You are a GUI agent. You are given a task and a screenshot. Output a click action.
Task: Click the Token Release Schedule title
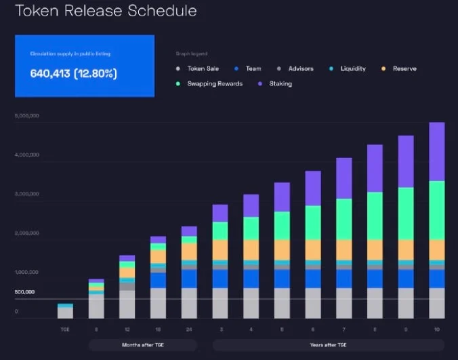tap(102, 12)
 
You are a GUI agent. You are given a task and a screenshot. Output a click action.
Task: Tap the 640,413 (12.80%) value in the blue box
tap(74, 73)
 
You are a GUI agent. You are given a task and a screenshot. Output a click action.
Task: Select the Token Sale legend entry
tap(201, 68)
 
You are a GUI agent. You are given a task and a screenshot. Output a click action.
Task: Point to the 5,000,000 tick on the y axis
tap(27, 116)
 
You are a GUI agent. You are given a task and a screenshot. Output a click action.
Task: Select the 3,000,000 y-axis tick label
tap(27, 194)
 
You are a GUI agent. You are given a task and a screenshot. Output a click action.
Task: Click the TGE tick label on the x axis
tap(65, 329)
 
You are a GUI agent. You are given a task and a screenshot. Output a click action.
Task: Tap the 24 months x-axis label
tap(189, 329)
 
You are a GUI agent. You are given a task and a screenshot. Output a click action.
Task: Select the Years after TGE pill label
tap(329, 344)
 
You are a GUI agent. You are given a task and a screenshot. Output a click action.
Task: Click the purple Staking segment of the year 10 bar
tap(437, 151)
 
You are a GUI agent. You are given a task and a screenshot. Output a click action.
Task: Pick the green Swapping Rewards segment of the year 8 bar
tap(375, 216)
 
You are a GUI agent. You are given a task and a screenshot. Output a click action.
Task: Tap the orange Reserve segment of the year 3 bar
tap(220, 249)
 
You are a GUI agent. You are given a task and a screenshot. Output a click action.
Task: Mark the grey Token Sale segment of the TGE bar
tap(65, 313)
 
